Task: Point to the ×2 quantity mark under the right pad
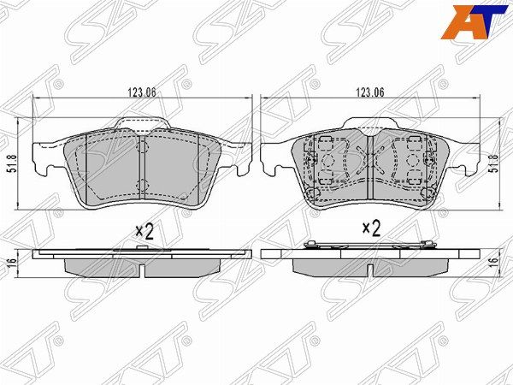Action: point(370,228)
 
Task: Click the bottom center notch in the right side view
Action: point(369,269)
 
